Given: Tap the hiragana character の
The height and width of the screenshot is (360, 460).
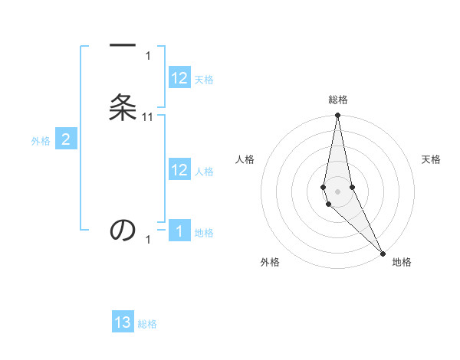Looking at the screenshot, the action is pos(123,230).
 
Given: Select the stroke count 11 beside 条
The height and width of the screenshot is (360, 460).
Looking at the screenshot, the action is pos(148,117).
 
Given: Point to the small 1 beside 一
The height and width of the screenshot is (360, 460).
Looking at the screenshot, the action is pos(148,56).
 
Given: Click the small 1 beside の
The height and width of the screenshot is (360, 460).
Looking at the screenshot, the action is pos(148,240).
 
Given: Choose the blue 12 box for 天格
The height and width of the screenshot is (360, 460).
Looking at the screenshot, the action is pos(179,78).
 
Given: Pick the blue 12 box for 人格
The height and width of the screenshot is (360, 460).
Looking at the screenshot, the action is pos(179,170).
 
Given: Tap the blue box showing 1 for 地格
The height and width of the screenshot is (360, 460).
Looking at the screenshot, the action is pos(179,231).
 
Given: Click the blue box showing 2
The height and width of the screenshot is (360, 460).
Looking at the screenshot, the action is pos(66,139).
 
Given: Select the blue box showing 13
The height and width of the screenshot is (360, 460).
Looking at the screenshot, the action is pos(123,322).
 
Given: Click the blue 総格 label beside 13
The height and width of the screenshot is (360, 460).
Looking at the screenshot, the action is pos(147,324).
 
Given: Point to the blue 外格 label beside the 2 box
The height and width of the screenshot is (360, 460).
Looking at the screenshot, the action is pos(41,141).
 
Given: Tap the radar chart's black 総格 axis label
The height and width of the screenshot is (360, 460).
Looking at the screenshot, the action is pos(338,100).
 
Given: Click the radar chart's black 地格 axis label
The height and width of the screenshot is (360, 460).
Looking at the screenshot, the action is pos(402,263).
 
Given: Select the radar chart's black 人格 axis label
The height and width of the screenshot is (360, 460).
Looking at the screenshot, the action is pos(245,159).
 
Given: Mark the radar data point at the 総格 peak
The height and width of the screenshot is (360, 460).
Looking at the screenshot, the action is pos(337,116).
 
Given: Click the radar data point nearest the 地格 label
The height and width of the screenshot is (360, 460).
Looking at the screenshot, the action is pos(383,253).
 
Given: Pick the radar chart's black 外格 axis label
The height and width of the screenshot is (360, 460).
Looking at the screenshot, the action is pos(270,263).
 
